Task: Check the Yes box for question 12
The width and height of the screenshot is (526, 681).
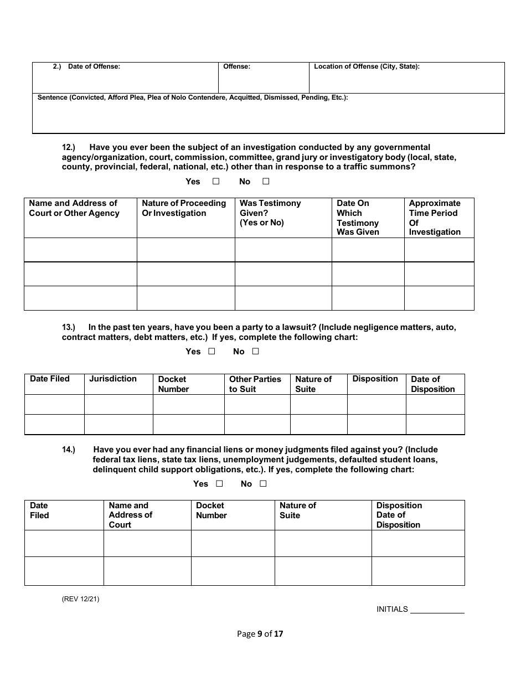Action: pos(216,181)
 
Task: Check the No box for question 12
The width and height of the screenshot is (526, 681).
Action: pos(266,181)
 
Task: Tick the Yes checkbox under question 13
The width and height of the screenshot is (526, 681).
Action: pos(212,351)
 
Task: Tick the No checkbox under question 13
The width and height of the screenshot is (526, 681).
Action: pos(255,351)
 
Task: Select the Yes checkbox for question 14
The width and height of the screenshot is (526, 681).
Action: pos(219,483)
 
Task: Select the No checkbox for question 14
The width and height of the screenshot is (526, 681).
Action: pos(263,483)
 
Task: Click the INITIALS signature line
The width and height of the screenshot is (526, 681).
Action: pos(437,609)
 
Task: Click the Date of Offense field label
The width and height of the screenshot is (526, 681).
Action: pos(94,66)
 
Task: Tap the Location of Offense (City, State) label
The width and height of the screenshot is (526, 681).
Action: pos(367,66)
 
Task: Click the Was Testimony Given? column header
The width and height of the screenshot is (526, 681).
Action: pos(270,213)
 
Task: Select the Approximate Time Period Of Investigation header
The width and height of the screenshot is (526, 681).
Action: pos(435,218)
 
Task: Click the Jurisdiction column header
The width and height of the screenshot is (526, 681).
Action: pos(113,379)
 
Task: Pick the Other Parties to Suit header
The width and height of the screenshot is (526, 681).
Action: pos(255,384)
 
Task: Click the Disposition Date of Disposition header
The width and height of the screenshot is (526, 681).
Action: pos(399,515)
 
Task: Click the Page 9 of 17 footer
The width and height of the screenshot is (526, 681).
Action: pos(260,634)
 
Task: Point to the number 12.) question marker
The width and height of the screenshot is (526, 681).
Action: pos(68,147)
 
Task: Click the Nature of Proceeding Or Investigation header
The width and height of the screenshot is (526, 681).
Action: pos(184,208)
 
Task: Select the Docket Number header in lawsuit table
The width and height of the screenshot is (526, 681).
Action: pos(173,384)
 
